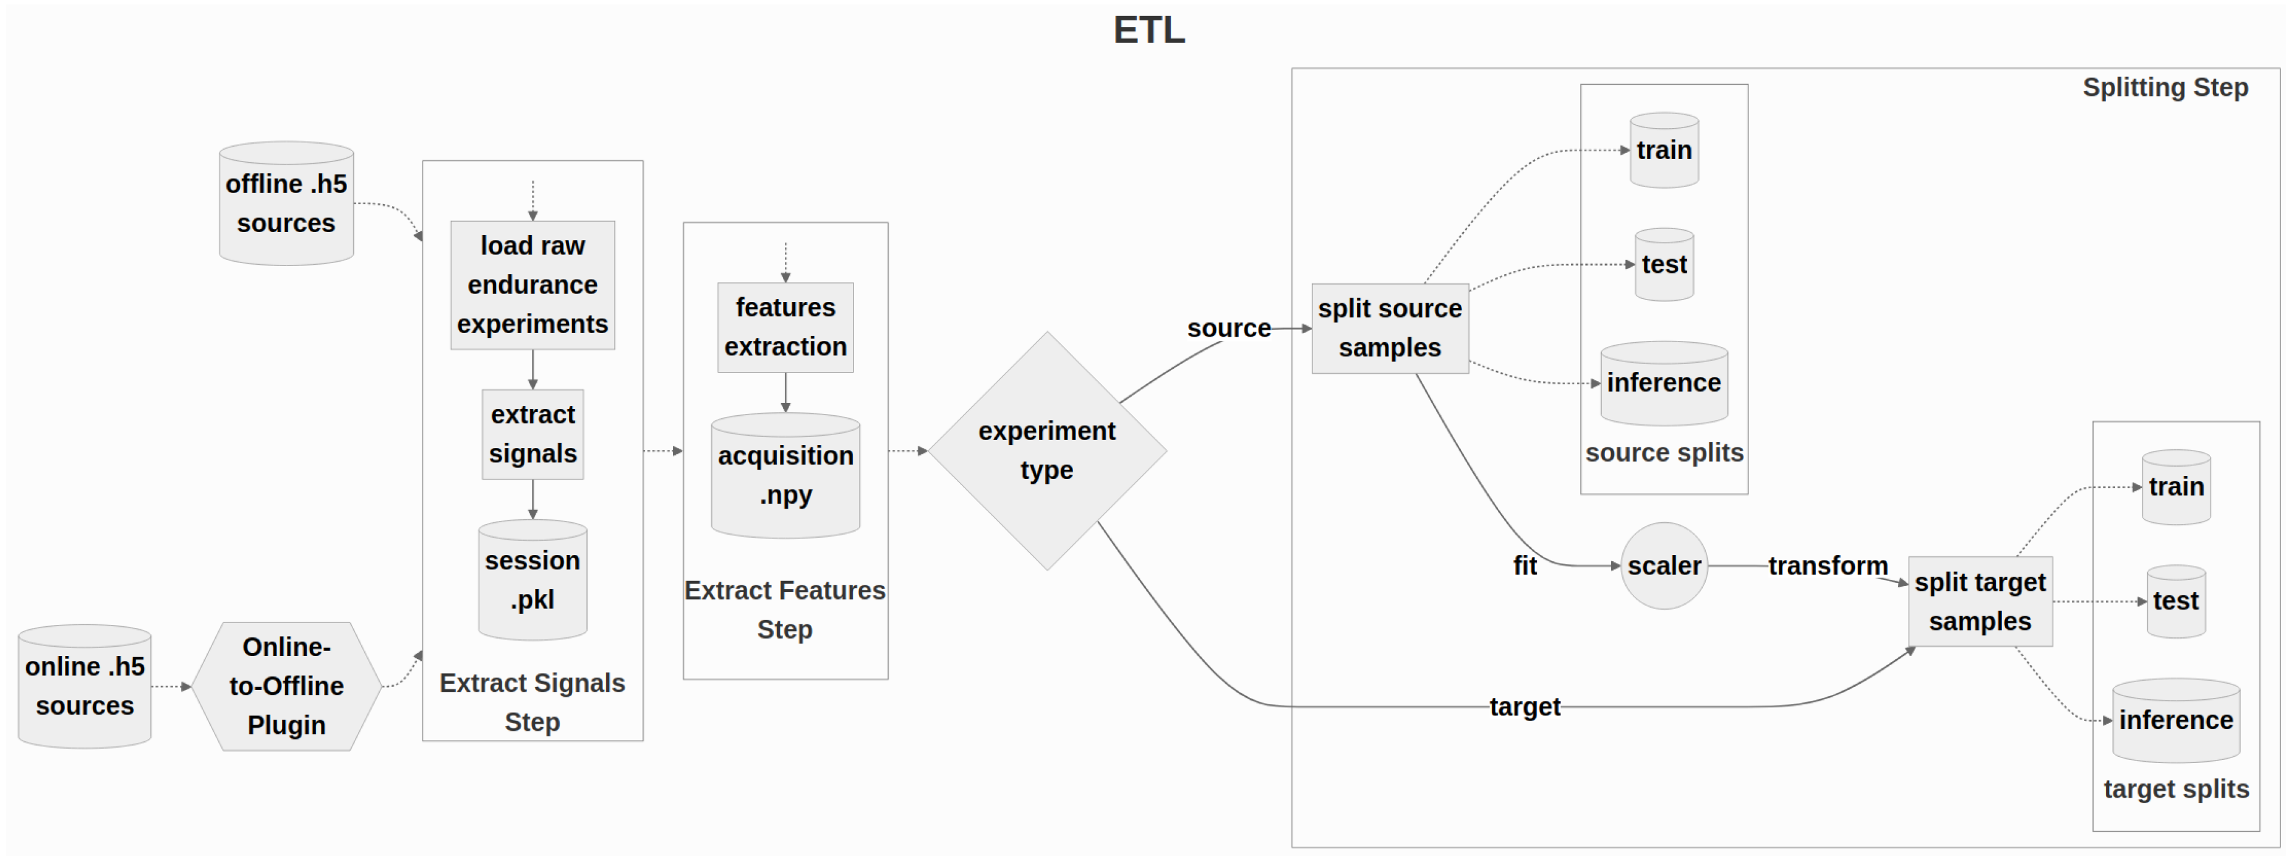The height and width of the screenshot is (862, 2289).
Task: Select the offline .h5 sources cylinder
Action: [286, 204]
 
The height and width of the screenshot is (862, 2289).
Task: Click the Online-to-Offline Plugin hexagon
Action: [286, 686]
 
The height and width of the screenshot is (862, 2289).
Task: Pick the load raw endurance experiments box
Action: [533, 285]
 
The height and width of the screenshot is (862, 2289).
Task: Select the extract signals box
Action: [533, 434]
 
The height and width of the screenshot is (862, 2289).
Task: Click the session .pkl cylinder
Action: [533, 580]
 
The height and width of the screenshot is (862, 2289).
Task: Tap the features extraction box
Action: [785, 327]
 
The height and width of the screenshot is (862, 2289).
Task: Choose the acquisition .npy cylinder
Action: [785, 475]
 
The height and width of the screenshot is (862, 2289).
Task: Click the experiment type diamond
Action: [1046, 450]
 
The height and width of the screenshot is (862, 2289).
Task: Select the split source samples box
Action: [1390, 328]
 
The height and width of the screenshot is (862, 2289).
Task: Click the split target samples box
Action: [1980, 601]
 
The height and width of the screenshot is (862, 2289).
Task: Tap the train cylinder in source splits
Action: [1664, 150]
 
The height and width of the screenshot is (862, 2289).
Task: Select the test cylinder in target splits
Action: [2175, 601]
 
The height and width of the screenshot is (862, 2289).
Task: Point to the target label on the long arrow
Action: [1525, 707]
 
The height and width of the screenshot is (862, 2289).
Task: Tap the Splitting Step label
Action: [2165, 87]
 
